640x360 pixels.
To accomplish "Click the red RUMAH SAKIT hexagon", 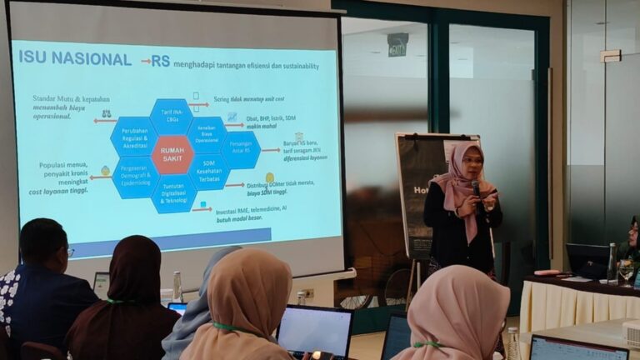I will click(x=172, y=154).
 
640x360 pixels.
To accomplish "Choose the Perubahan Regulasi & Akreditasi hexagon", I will click(x=134, y=137).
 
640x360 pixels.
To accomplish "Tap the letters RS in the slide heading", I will click(x=160, y=61).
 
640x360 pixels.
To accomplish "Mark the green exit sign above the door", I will click(x=397, y=44).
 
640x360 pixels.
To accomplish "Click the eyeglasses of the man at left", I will click(x=69, y=252).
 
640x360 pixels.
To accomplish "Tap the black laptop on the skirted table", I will click(x=587, y=260).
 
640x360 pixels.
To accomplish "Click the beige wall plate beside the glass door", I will click(x=611, y=56).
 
